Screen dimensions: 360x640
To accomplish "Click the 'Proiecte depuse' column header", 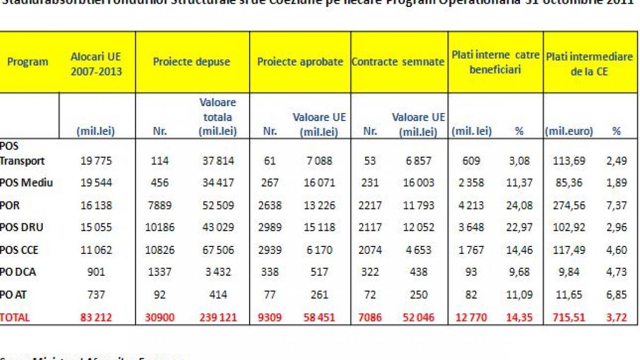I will pos(191,62).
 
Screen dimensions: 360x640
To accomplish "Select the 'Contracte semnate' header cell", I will pos(398,62).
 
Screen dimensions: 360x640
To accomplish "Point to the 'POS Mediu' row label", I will pos(27,183).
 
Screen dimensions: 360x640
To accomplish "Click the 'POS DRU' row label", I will pos(22,227).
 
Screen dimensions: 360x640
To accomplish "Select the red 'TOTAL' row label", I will pos(15,317).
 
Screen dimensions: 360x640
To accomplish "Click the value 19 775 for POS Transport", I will pos(96,161).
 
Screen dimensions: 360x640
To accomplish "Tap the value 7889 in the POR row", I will pos(160,205).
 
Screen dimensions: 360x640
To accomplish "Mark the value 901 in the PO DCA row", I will pos(96,272).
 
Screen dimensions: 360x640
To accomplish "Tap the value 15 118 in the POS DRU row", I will pos(316,227).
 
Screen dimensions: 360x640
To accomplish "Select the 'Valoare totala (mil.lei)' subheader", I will pos(217,116).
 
